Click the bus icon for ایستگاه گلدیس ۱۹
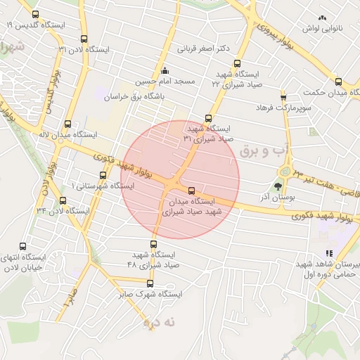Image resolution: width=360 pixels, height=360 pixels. click(x=36, y=14)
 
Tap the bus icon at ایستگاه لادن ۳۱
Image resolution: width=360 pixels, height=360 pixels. click(x=85, y=39)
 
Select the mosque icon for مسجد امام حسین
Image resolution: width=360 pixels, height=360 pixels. click(x=165, y=70)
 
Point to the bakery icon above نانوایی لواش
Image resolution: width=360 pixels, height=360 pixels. click(x=323, y=18)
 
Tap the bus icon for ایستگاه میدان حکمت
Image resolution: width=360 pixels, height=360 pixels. click(x=338, y=82)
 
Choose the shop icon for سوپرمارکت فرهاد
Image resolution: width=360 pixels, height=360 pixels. click(x=283, y=97)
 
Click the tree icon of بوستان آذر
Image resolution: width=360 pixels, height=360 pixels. click(x=278, y=186)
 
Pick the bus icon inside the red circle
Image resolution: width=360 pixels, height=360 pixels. click(x=192, y=191)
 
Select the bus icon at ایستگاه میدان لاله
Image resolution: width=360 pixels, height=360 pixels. click(x=67, y=124)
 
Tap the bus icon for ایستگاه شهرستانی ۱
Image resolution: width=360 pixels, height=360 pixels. click(x=103, y=175)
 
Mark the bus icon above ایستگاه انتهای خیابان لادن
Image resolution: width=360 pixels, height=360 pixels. click(x=23, y=247)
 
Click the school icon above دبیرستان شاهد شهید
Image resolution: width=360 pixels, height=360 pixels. click(x=328, y=253)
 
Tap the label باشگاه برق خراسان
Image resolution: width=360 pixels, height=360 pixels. click(x=138, y=99)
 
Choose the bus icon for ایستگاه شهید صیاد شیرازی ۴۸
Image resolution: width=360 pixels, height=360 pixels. click(x=153, y=244)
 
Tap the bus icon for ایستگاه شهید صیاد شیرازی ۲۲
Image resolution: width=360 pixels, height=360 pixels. click(x=238, y=72)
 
